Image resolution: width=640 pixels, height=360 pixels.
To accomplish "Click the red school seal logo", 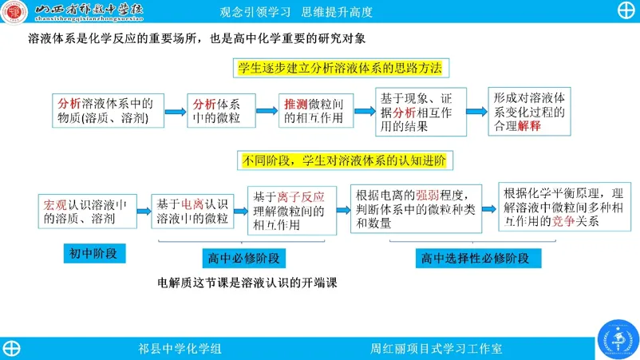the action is point(14,11).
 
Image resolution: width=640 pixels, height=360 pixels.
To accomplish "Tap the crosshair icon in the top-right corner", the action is point(626,11).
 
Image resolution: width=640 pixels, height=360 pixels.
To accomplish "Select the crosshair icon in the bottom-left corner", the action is point(11,349).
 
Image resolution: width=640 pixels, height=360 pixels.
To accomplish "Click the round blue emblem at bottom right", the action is point(618,339).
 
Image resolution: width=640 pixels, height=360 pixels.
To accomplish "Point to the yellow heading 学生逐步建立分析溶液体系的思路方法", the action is point(341,68).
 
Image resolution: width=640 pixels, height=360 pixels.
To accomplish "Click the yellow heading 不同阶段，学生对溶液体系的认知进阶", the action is point(345,160).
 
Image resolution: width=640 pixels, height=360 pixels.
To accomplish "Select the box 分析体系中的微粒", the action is point(221,111).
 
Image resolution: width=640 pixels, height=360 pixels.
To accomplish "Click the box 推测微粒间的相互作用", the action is point(316,111).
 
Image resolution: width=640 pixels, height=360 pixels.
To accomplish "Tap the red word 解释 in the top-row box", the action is point(529,125).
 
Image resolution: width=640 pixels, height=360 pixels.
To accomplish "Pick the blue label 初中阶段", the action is point(94,254).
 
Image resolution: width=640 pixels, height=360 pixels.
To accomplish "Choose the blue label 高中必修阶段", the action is point(243,259).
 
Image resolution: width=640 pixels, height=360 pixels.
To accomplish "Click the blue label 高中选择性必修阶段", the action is point(478,259).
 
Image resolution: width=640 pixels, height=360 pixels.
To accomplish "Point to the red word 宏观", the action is point(55,205).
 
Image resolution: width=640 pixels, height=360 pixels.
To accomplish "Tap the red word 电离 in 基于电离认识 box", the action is point(192,204).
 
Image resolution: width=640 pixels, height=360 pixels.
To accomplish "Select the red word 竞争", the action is point(563,221).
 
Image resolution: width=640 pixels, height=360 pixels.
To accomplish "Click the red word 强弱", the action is point(428,195).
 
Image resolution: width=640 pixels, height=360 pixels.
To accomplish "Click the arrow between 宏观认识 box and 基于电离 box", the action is point(144,211).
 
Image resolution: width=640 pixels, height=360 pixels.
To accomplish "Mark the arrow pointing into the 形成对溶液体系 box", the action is point(476,112).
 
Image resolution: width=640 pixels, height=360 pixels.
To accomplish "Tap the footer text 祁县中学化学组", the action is point(180,349).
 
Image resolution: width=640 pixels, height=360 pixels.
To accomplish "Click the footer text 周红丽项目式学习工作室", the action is point(436,349).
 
